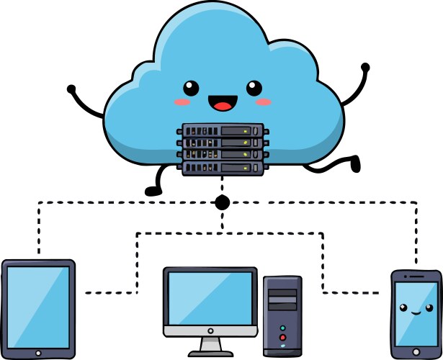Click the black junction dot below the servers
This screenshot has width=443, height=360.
[223, 202]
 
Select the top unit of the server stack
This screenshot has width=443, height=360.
[222, 131]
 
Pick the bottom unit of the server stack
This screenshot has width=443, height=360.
[222, 169]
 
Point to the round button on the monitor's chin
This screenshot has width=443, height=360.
[210, 330]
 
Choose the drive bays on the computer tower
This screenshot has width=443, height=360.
[282, 299]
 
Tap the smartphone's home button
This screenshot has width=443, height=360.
[415, 350]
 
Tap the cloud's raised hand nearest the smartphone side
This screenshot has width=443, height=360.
[365, 68]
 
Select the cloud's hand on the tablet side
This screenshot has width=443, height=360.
[71, 89]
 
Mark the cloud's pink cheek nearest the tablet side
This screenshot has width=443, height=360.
[179, 102]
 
